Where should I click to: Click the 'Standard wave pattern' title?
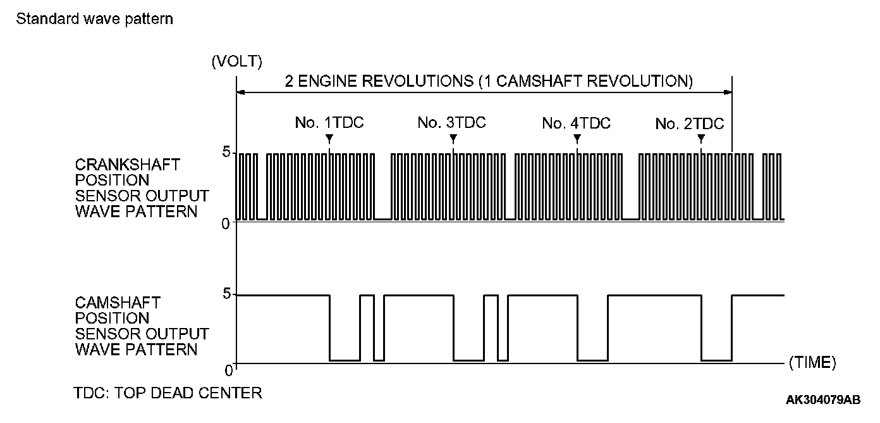pos(95,19)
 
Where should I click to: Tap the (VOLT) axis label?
pos(237,61)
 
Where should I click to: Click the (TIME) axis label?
pos(812,363)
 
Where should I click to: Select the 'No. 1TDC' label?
pos(329,123)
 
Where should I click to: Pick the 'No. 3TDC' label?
pos(451,123)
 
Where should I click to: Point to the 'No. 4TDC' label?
pos(577,123)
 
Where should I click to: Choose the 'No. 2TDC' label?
pos(690,124)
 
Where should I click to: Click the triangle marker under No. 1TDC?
pos(329,138)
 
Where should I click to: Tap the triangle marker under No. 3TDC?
pos(453,138)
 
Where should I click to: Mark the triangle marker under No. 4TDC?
pos(577,138)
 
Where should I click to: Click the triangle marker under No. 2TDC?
pos(701,138)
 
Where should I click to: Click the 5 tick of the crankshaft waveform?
pos(225,153)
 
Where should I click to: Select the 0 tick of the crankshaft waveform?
pos(225,224)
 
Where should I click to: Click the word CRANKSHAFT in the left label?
pos(128,165)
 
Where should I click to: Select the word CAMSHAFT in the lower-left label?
pos(118,303)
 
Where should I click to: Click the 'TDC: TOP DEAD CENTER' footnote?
pos(168,393)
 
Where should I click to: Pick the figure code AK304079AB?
pos(823,400)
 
